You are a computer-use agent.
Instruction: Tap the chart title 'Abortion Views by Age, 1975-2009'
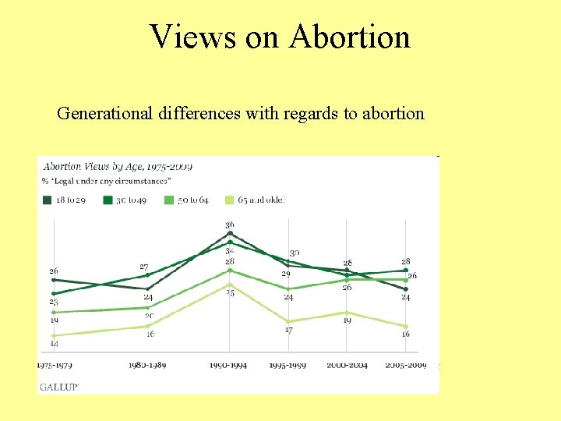tap(118, 166)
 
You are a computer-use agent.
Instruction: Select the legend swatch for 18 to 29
tap(48, 200)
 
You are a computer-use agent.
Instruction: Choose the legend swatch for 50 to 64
tap(170, 200)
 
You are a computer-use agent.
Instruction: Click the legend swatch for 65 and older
tap(231, 200)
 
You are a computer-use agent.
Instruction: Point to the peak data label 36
tap(230, 225)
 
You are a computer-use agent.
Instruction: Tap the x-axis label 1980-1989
tap(146, 365)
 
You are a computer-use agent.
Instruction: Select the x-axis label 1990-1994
tap(229, 365)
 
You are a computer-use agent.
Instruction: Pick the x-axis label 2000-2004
tap(347, 365)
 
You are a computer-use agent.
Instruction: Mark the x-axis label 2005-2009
tap(406, 365)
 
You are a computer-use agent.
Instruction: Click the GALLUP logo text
tap(59, 386)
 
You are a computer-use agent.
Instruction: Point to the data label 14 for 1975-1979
tap(54, 344)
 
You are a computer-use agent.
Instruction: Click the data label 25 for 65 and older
tap(230, 293)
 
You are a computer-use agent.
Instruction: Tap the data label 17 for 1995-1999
tap(288, 331)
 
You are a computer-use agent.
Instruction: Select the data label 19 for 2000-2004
tap(347, 320)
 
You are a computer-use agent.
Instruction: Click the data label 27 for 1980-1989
tap(144, 267)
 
